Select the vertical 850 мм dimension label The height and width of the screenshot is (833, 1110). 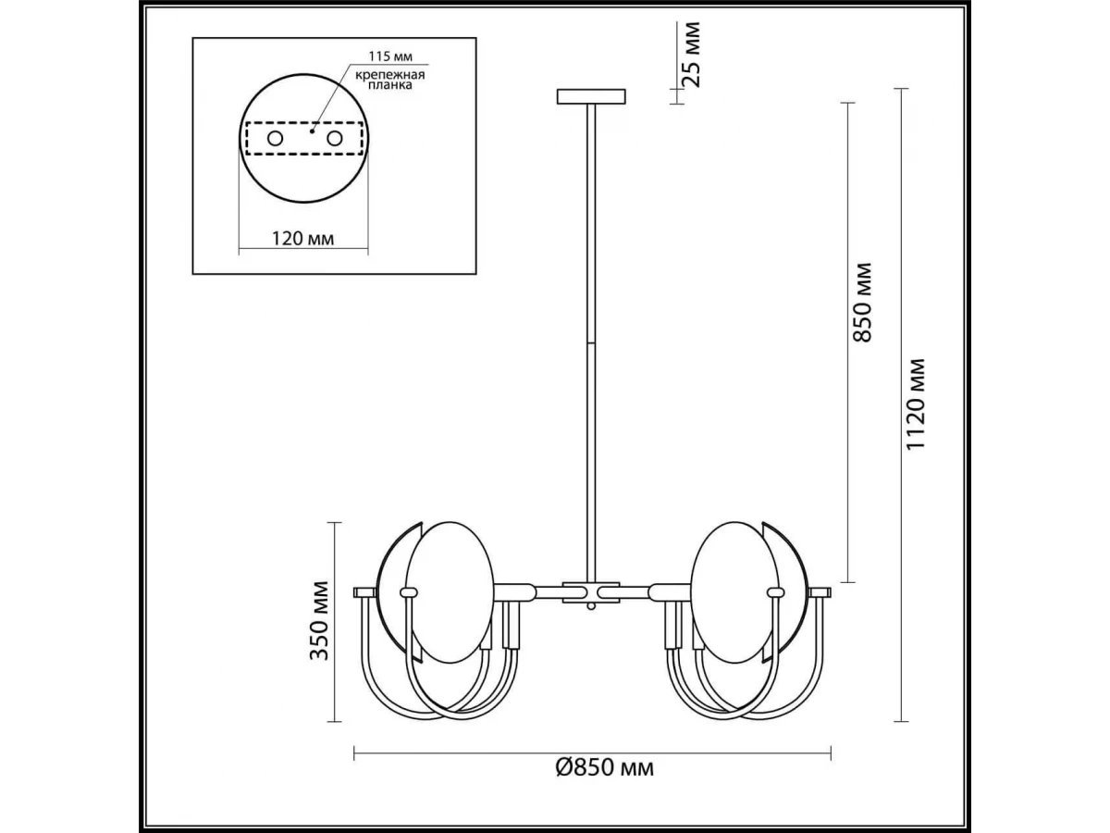862,302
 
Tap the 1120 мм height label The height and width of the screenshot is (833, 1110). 916,404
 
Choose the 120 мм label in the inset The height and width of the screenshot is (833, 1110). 302,238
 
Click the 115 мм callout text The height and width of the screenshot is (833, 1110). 390,56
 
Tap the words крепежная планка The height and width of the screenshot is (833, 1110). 389,80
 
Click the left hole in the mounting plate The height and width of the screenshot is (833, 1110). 275,138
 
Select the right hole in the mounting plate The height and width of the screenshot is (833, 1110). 334,138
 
